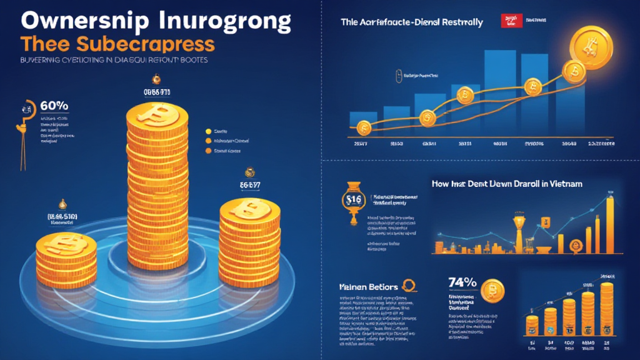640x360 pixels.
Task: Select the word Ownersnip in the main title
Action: [75, 21]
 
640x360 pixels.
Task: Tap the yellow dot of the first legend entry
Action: [207, 131]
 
